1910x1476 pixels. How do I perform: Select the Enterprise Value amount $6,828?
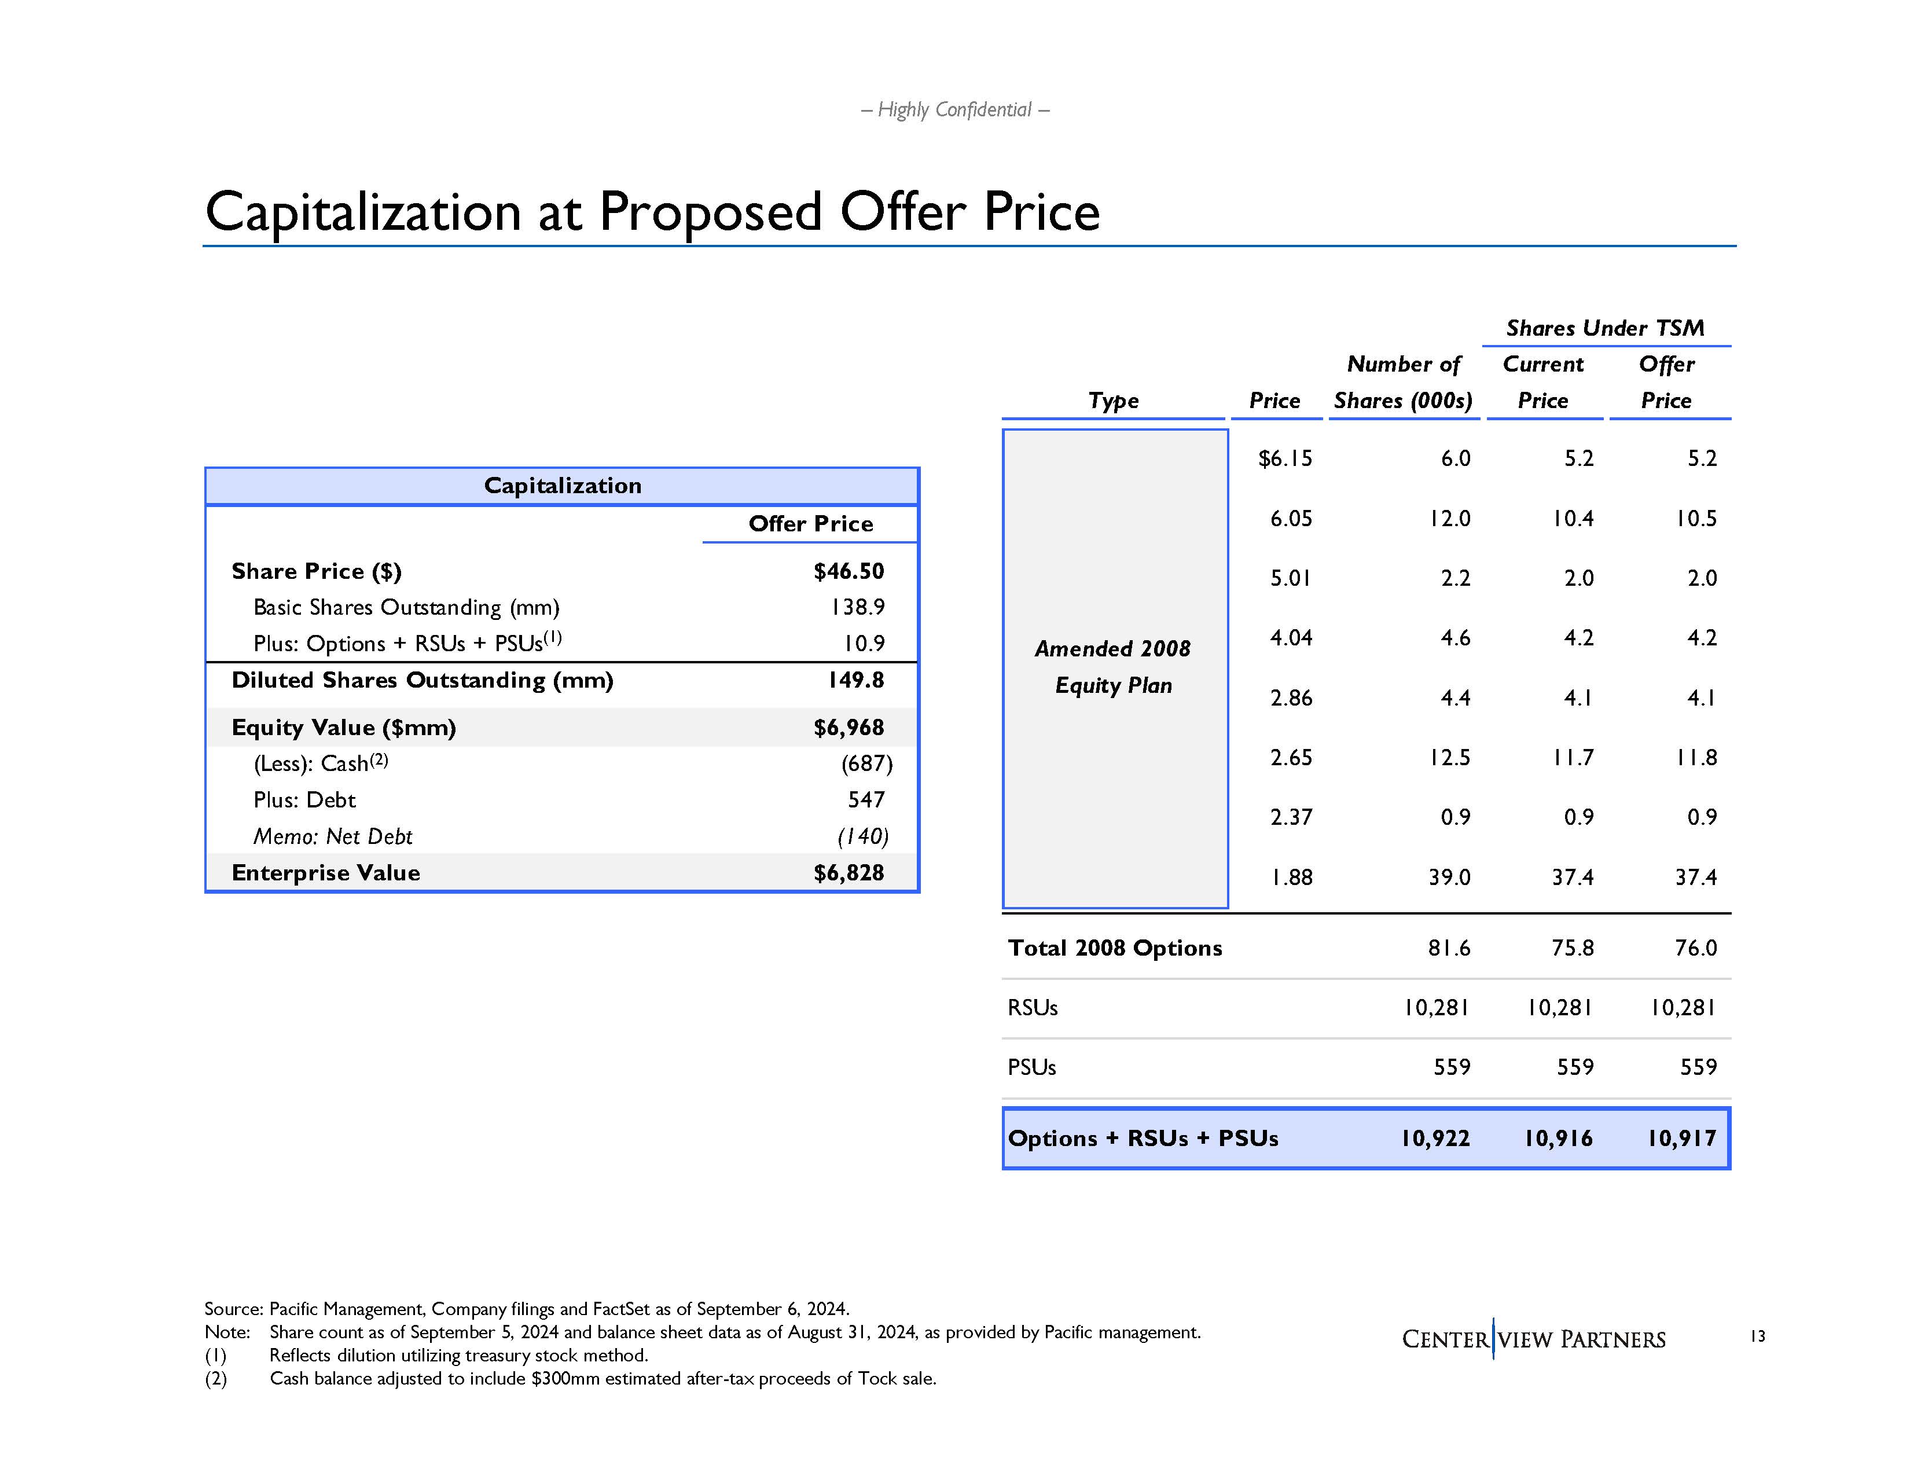click(849, 873)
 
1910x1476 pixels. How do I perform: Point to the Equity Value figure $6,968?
click(849, 728)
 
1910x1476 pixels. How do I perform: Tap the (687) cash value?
click(866, 764)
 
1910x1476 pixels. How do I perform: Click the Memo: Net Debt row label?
click(332, 837)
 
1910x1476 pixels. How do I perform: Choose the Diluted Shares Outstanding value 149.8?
click(855, 680)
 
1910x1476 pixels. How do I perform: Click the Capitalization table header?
click(563, 486)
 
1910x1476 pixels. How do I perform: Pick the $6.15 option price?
click(1285, 459)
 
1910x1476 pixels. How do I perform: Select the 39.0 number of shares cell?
click(1449, 877)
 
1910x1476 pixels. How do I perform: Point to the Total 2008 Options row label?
click(1115, 949)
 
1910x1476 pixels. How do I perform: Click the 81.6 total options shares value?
click(1449, 949)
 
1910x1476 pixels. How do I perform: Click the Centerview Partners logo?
click(1533, 1339)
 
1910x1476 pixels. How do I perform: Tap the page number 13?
click(1758, 1336)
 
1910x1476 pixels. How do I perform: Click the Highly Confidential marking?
click(955, 110)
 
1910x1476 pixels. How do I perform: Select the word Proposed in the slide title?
click(710, 212)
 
